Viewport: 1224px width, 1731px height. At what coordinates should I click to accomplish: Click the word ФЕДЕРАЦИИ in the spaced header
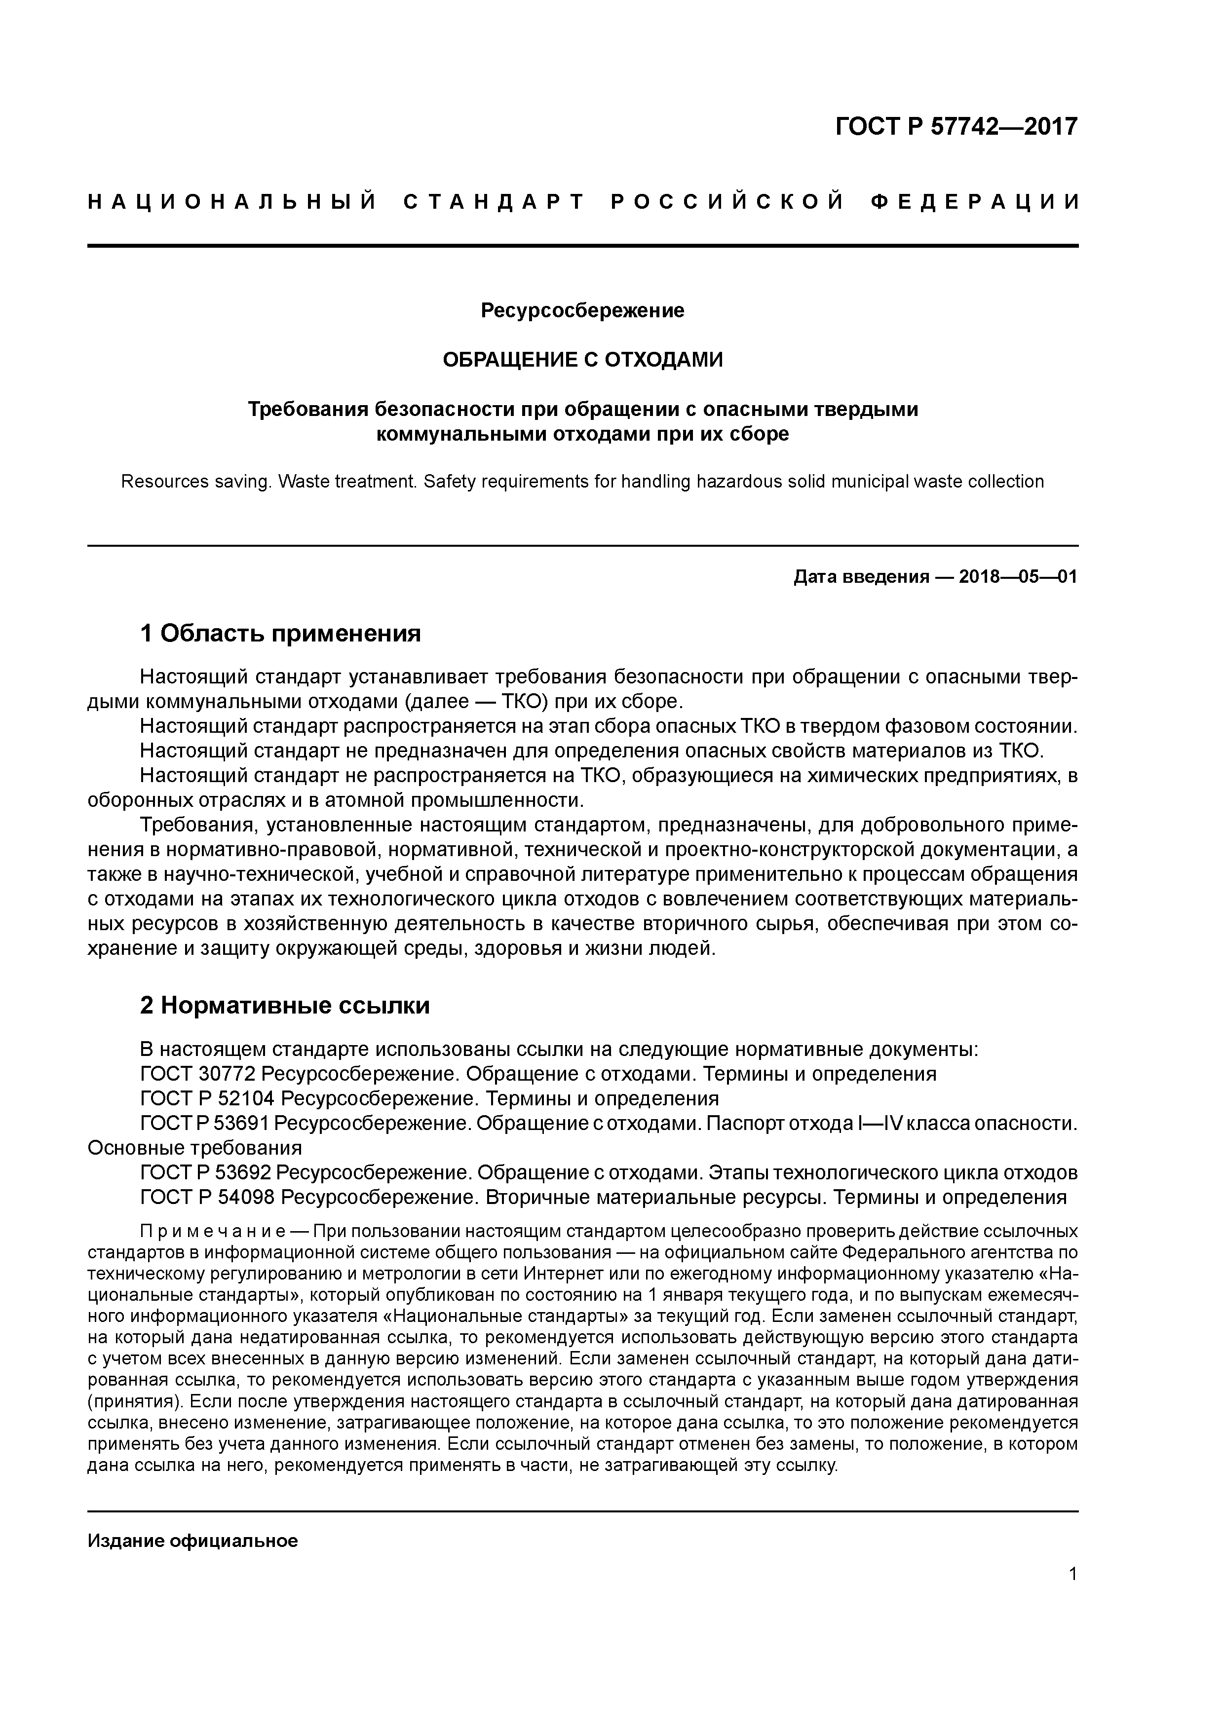pos(974,202)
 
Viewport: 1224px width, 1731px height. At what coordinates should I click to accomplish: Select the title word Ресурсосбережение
pos(582,310)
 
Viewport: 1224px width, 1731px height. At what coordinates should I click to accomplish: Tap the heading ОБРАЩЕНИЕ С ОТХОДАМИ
pos(582,360)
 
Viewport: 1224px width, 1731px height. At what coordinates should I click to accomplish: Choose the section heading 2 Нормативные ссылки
pos(285,1005)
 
